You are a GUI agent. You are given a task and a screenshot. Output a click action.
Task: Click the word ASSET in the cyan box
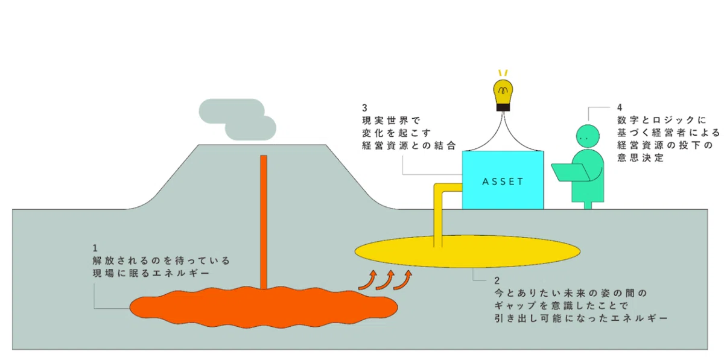coord(503,182)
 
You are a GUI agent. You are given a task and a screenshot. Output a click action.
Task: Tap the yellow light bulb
coord(503,92)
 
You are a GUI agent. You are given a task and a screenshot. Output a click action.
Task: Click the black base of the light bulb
coord(503,107)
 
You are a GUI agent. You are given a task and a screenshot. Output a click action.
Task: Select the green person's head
coord(588,136)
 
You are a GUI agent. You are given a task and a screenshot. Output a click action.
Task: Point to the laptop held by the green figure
coord(571,172)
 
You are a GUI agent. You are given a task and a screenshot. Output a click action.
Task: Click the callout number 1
coord(95,248)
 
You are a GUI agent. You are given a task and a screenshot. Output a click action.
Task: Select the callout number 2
coord(497,280)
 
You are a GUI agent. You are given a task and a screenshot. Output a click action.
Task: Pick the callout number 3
coord(365,108)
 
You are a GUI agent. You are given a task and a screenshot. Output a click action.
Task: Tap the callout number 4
coord(620,107)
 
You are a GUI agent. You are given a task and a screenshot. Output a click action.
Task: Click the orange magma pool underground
coord(264,307)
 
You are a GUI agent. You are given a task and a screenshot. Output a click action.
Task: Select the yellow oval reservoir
coord(468,251)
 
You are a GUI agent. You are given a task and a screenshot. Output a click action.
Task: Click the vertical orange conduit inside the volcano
coord(264,223)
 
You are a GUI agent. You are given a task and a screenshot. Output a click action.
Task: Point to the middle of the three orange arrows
coord(386,280)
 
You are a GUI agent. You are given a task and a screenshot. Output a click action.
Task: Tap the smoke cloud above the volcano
coord(238,119)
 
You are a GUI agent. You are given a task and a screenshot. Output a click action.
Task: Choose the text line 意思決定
coord(640,158)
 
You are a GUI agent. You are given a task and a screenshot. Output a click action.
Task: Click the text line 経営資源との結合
coord(409,146)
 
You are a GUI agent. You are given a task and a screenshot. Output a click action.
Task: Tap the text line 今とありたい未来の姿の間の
coord(571,293)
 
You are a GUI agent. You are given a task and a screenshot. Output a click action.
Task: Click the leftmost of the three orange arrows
coord(368,280)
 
